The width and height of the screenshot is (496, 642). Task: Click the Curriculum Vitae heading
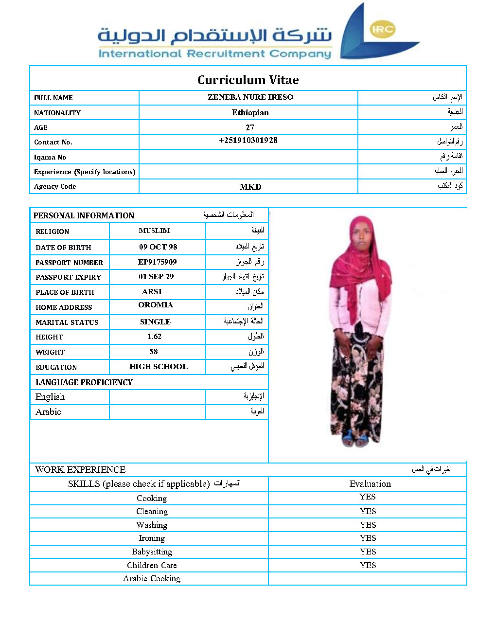pos(248,80)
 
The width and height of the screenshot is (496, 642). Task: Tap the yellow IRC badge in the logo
pos(382,29)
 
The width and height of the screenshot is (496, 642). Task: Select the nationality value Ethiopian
pos(250,112)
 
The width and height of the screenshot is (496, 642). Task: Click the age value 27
pos(250,127)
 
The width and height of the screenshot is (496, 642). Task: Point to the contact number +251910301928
pos(248,140)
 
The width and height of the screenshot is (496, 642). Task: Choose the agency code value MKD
pos(250,187)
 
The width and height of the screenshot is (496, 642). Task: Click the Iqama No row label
pos(50,157)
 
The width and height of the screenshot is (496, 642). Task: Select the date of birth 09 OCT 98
pos(158,247)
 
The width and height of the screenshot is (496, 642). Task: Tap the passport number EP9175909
pos(157,262)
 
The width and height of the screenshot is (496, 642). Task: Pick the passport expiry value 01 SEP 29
pos(156,276)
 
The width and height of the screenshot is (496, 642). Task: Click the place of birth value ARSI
pos(152,291)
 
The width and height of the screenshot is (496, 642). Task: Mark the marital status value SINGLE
pos(155,321)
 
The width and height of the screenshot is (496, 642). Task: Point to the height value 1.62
pos(154,336)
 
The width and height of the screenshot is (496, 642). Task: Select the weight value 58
pos(154,351)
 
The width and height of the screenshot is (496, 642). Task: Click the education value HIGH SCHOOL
pos(158,366)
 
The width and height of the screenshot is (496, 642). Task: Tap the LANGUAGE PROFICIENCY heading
pos(84,382)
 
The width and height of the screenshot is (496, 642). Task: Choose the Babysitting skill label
pos(152,552)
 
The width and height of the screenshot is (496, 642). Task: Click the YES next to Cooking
pos(368,497)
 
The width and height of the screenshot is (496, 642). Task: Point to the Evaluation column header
pos(370,483)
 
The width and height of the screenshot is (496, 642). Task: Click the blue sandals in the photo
pos(355,439)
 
